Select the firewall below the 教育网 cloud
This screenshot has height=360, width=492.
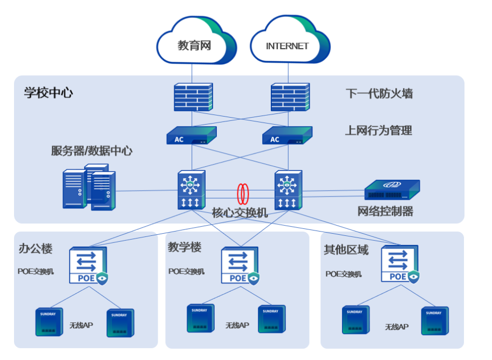(x=193, y=97)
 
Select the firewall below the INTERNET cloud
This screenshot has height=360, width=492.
(x=290, y=97)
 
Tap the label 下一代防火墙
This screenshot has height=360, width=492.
(x=379, y=93)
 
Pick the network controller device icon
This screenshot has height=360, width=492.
(x=392, y=190)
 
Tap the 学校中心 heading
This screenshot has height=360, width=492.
(x=48, y=92)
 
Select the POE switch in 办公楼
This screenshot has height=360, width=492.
(x=88, y=265)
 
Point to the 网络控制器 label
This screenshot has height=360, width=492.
(x=385, y=211)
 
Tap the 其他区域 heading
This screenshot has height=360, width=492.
(x=346, y=249)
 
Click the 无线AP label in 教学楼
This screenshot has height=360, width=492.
(x=237, y=325)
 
